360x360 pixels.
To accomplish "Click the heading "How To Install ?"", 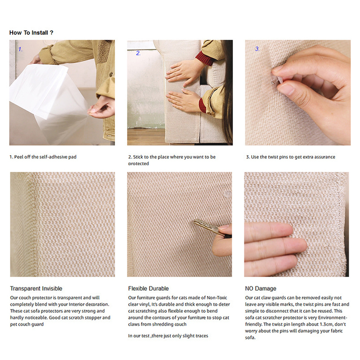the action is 31,32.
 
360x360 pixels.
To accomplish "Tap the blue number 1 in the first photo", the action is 20,49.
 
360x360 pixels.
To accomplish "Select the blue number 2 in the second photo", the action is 138,53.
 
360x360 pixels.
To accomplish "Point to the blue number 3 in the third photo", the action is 257,49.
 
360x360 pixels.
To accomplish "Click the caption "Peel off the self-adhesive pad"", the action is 45,157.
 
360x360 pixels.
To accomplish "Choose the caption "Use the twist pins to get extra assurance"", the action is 293,157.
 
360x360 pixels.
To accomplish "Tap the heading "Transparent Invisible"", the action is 36,288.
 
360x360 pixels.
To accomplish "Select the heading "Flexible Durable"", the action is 148,288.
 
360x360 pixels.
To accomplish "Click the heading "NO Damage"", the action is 261,288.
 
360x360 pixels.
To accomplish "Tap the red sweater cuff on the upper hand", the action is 204,58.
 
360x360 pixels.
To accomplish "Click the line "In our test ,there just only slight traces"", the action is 168,336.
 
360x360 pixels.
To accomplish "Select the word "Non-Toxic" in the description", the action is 217,297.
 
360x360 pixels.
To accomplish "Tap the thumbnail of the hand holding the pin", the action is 298,93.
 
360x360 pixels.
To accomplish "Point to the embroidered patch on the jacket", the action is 104,52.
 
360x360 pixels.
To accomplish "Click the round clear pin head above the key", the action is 228,194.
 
